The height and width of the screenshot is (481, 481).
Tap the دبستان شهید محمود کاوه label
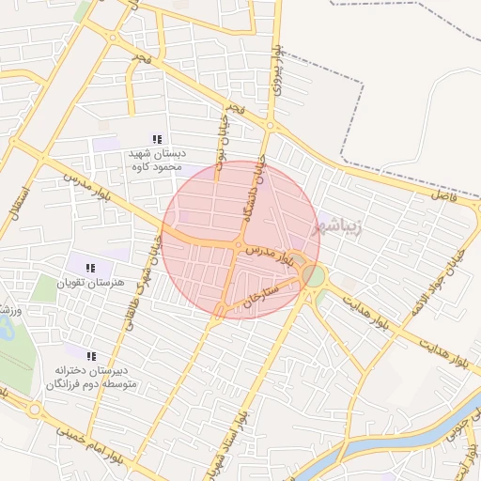(157, 159)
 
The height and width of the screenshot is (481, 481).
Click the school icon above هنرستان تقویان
(90, 269)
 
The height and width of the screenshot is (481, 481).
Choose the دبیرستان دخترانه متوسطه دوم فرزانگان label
(90, 379)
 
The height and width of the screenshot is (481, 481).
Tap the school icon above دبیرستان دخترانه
(91, 357)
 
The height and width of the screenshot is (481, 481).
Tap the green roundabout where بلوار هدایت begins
(314, 276)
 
